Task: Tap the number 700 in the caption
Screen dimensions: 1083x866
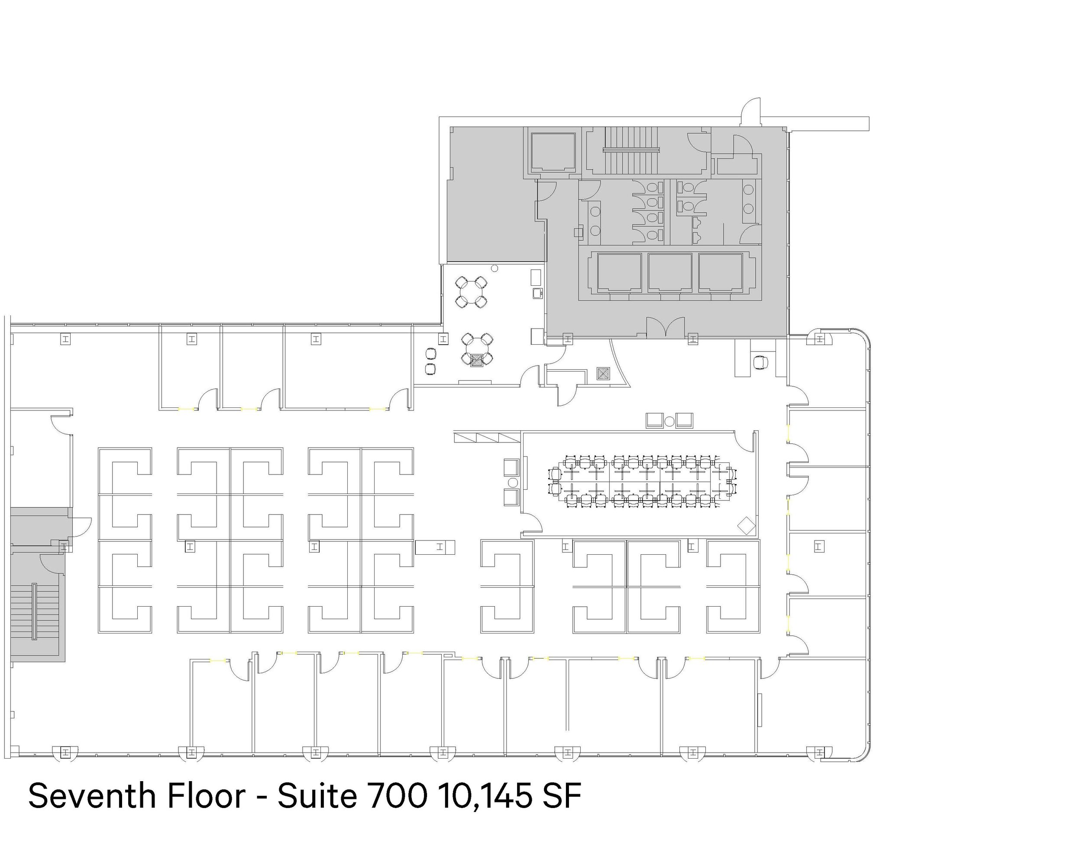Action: coord(398,796)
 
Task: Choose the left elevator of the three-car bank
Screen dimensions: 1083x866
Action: coord(620,272)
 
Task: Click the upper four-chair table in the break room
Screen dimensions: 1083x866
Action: coord(471,292)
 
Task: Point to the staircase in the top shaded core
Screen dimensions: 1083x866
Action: coord(631,149)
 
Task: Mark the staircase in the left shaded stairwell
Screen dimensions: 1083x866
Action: coord(35,611)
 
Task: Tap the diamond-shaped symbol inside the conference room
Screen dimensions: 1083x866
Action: coord(747,525)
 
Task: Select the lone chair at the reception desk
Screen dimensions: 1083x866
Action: coord(760,362)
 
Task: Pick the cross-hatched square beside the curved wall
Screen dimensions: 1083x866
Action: coord(603,373)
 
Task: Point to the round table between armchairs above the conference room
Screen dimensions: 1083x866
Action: coord(669,421)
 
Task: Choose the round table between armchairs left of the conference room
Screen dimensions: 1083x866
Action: coord(513,483)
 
